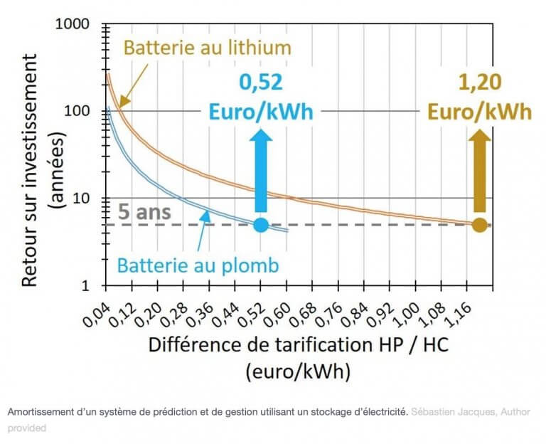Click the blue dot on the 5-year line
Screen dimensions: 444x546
coord(260,225)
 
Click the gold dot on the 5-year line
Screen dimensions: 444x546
coord(480,225)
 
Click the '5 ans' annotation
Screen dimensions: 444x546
coord(136,213)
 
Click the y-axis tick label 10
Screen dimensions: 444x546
coord(87,199)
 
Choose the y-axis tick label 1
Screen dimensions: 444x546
coord(92,286)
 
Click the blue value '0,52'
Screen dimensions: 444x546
coord(260,83)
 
